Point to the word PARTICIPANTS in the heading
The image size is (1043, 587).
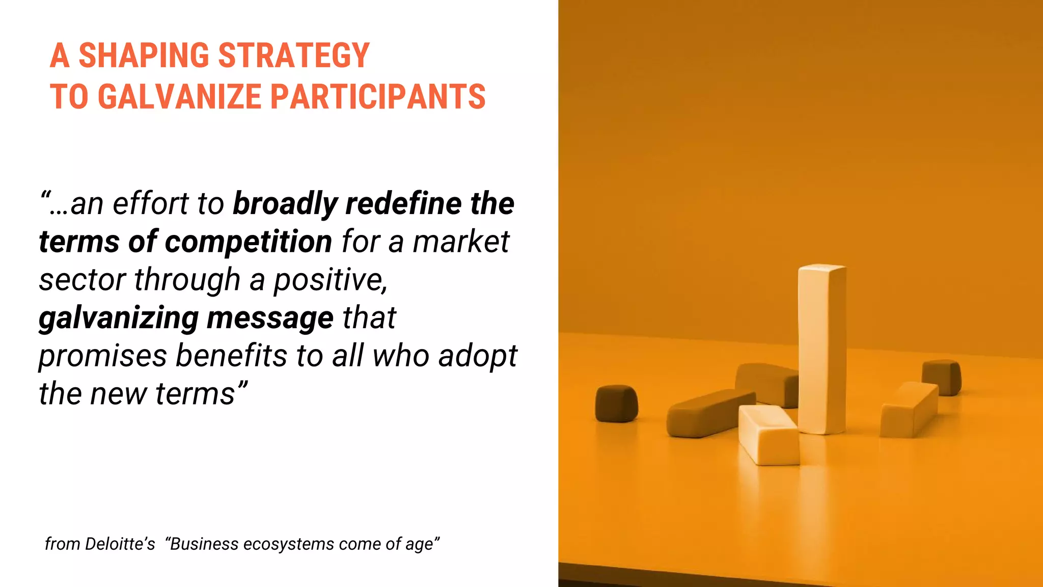tap(377, 97)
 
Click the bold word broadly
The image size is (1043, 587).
tap(285, 204)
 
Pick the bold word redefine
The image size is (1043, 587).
tap(404, 204)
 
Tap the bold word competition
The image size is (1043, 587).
tap(249, 242)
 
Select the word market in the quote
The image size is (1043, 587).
tap(460, 242)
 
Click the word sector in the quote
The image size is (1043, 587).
tap(81, 280)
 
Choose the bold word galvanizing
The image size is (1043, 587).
tap(118, 318)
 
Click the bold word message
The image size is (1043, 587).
tap(270, 318)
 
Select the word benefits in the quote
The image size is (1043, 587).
tap(231, 356)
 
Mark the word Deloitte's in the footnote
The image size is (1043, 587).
tap(120, 544)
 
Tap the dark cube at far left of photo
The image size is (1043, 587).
tap(616, 403)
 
